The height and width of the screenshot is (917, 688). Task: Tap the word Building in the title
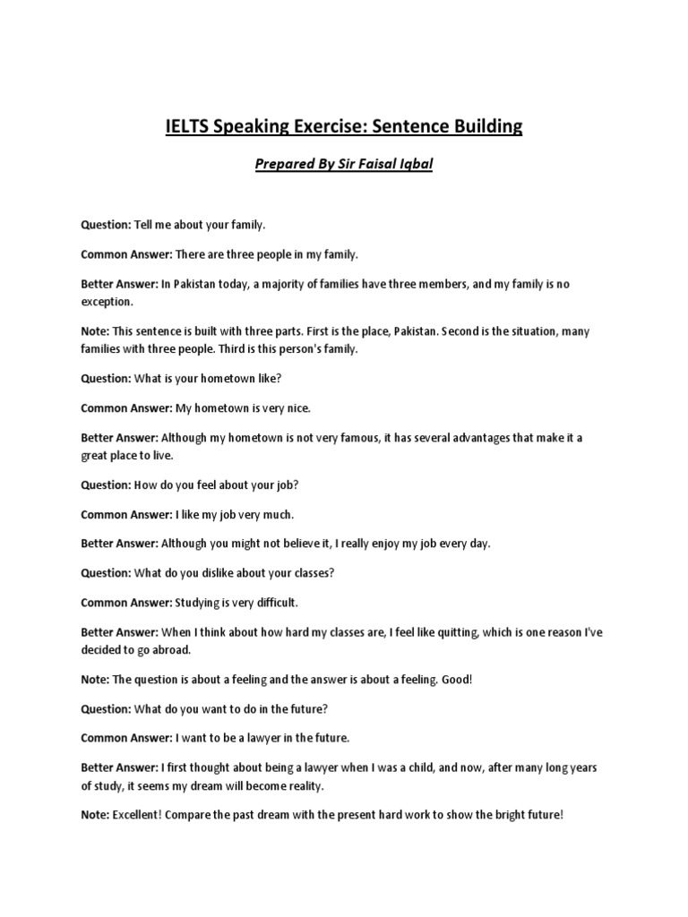[x=480, y=126]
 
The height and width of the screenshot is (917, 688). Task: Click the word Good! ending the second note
[x=453, y=680]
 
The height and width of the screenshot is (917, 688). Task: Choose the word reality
[x=300, y=786]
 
